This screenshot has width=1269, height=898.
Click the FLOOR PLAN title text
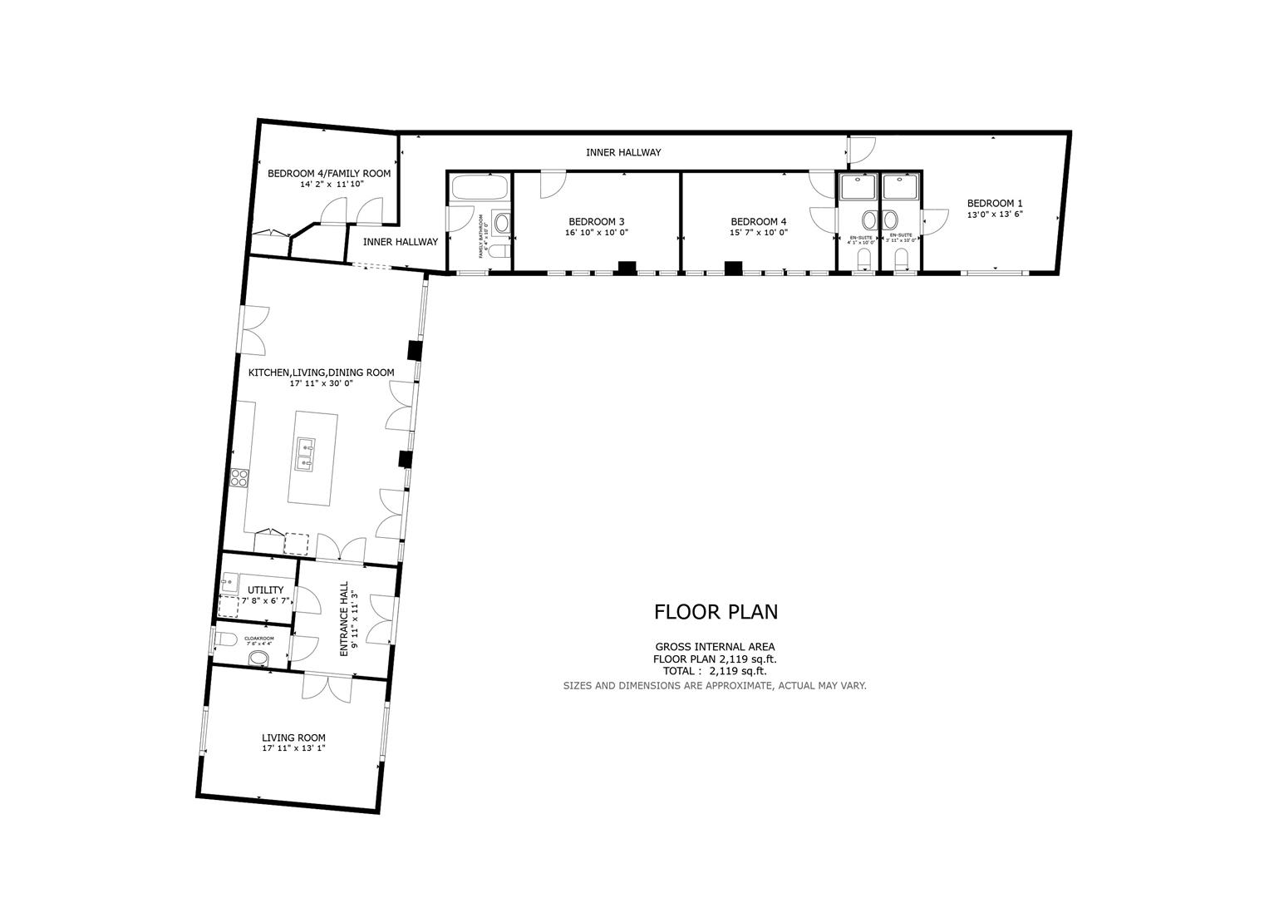tap(716, 612)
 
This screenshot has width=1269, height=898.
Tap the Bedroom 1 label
tap(994, 203)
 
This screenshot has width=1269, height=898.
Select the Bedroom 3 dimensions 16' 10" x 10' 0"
tap(596, 233)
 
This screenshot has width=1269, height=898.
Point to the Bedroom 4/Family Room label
tap(328, 174)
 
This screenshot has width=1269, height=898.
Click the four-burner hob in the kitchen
tap(239, 477)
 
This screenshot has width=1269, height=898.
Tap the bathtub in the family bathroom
tap(478, 188)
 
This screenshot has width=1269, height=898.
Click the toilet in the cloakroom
tap(258, 659)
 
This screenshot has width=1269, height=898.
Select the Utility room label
tap(265, 590)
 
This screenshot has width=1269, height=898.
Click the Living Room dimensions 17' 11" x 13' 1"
tap(293, 748)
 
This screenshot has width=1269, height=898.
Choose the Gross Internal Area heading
tap(715, 646)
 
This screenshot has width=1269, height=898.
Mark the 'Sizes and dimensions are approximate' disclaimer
tap(715, 686)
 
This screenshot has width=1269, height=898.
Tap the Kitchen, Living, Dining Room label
tap(321, 373)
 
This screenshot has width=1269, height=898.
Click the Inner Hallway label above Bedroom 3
tap(623, 152)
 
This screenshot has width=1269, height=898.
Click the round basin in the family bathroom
tap(500, 222)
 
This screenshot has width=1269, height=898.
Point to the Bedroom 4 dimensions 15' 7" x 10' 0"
tap(758, 233)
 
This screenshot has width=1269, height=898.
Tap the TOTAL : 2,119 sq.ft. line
tap(715, 671)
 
